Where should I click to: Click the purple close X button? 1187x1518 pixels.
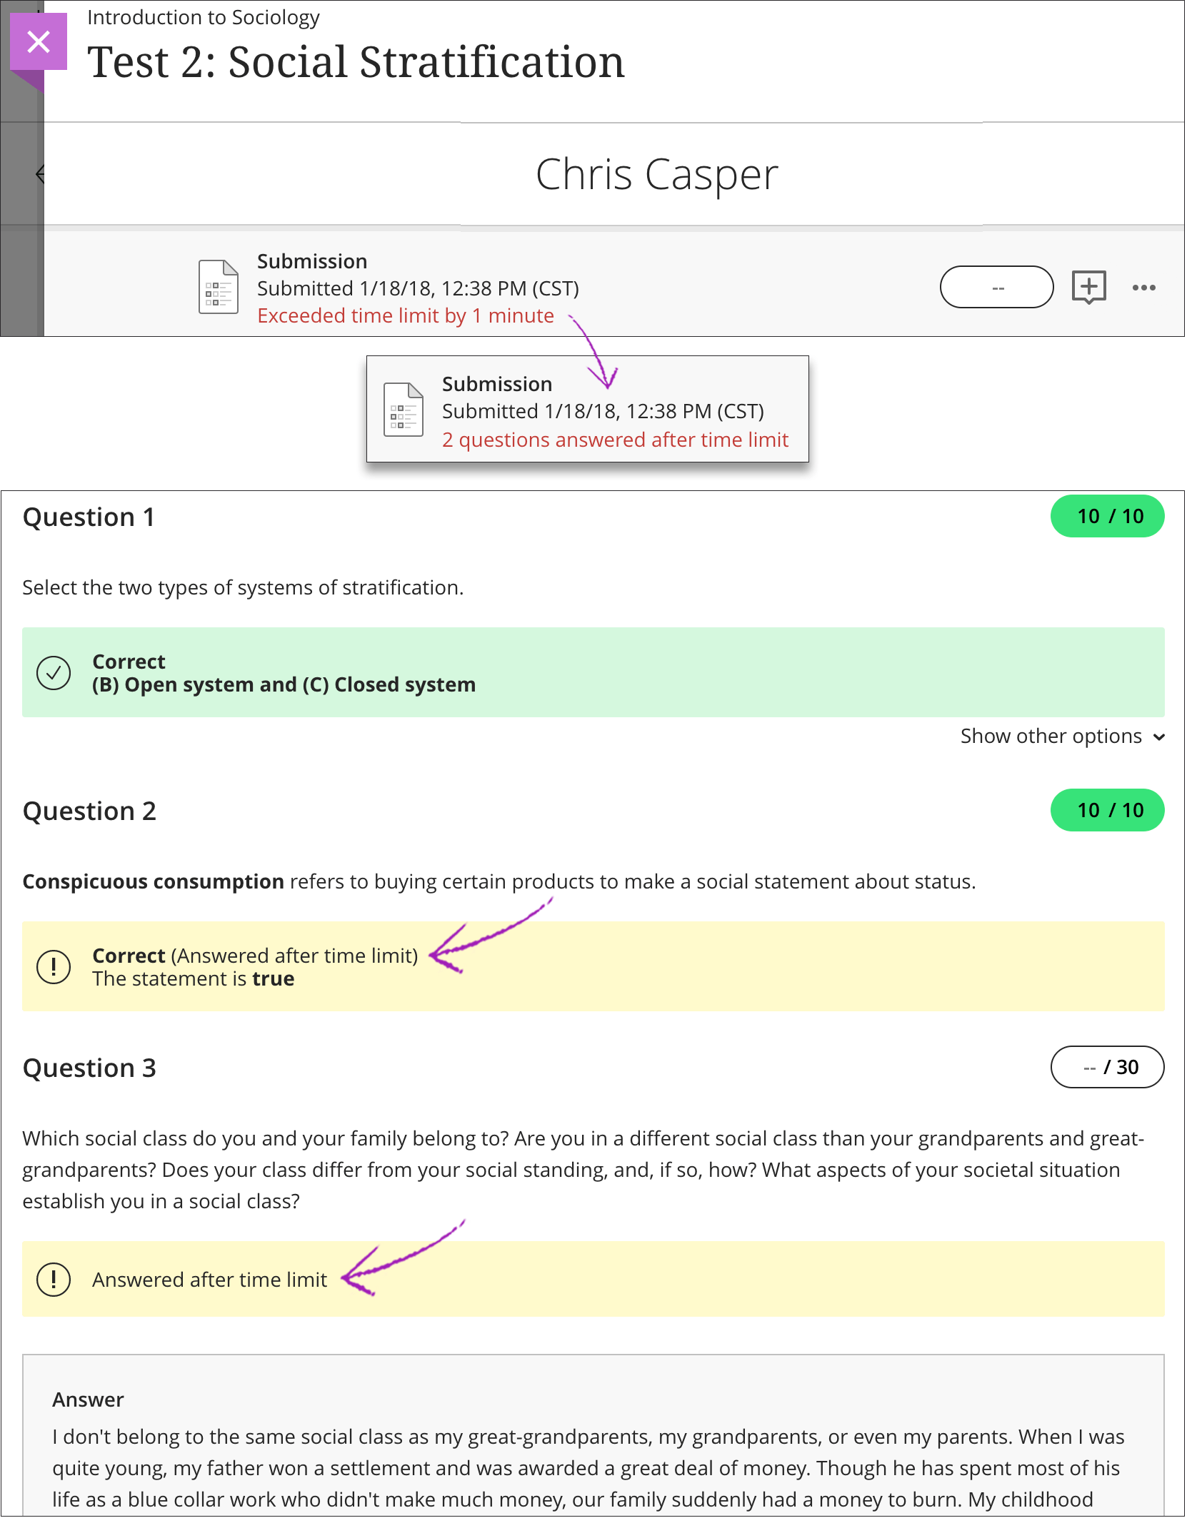coord(39,41)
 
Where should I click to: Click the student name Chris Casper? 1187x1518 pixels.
coord(656,175)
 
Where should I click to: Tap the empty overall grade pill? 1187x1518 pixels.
coord(996,288)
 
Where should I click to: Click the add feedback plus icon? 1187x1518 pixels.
coord(1088,287)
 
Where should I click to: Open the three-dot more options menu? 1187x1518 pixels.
coord(1143,288)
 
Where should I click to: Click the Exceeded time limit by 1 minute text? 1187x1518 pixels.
coord(405,316)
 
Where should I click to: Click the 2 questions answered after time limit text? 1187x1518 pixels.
coord(615,440)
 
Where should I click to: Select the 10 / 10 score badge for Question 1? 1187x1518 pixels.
coord(1107,517)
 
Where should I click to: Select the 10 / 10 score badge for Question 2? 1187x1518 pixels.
coord(1107,811)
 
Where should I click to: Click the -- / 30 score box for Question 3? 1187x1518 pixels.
coord(1107,1068)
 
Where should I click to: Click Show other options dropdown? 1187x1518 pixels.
coord(1061,737)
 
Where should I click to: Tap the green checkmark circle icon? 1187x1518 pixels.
coord(54,673)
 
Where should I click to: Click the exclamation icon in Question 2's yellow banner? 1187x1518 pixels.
coord(54,967)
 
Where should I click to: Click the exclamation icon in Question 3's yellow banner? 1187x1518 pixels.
coord(54,1280)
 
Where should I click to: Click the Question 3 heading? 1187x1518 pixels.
coord(89,1068)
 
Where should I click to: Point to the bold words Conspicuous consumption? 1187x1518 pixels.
coord(153,882)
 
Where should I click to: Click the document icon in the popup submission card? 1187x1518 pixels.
coord(403,410)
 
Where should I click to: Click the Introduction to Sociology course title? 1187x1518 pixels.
coord(203,17)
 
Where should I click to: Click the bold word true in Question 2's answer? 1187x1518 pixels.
coord(273,979)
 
